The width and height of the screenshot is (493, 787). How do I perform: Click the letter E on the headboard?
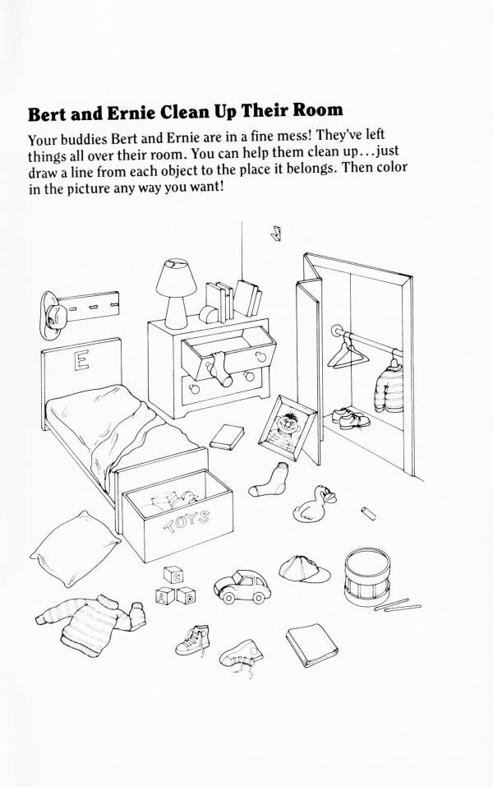tap(81, 360)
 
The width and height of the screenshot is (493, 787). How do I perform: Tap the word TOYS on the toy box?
tap(187, 522)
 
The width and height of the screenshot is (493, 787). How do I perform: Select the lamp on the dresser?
tap(176, 294)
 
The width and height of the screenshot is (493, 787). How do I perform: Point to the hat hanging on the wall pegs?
tap(53, 315)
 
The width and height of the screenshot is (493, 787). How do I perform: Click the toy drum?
tap(367, 576)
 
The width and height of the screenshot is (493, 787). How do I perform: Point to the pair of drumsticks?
tap(398, 605)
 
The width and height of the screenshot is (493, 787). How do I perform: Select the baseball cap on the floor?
tap(304, 569)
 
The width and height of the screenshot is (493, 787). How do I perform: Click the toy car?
tap(242, 586)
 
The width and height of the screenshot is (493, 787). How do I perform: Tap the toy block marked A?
tap(165, 595)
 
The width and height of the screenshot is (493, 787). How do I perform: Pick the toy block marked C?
tap(173, 575)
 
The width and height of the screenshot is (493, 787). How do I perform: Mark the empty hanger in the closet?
tap(347, 354)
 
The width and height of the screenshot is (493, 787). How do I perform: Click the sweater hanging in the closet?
tap(389, 387)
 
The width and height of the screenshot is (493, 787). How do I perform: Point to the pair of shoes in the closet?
tap(351, 418)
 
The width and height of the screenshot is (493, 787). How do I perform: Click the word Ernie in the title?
tap(131, 113)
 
